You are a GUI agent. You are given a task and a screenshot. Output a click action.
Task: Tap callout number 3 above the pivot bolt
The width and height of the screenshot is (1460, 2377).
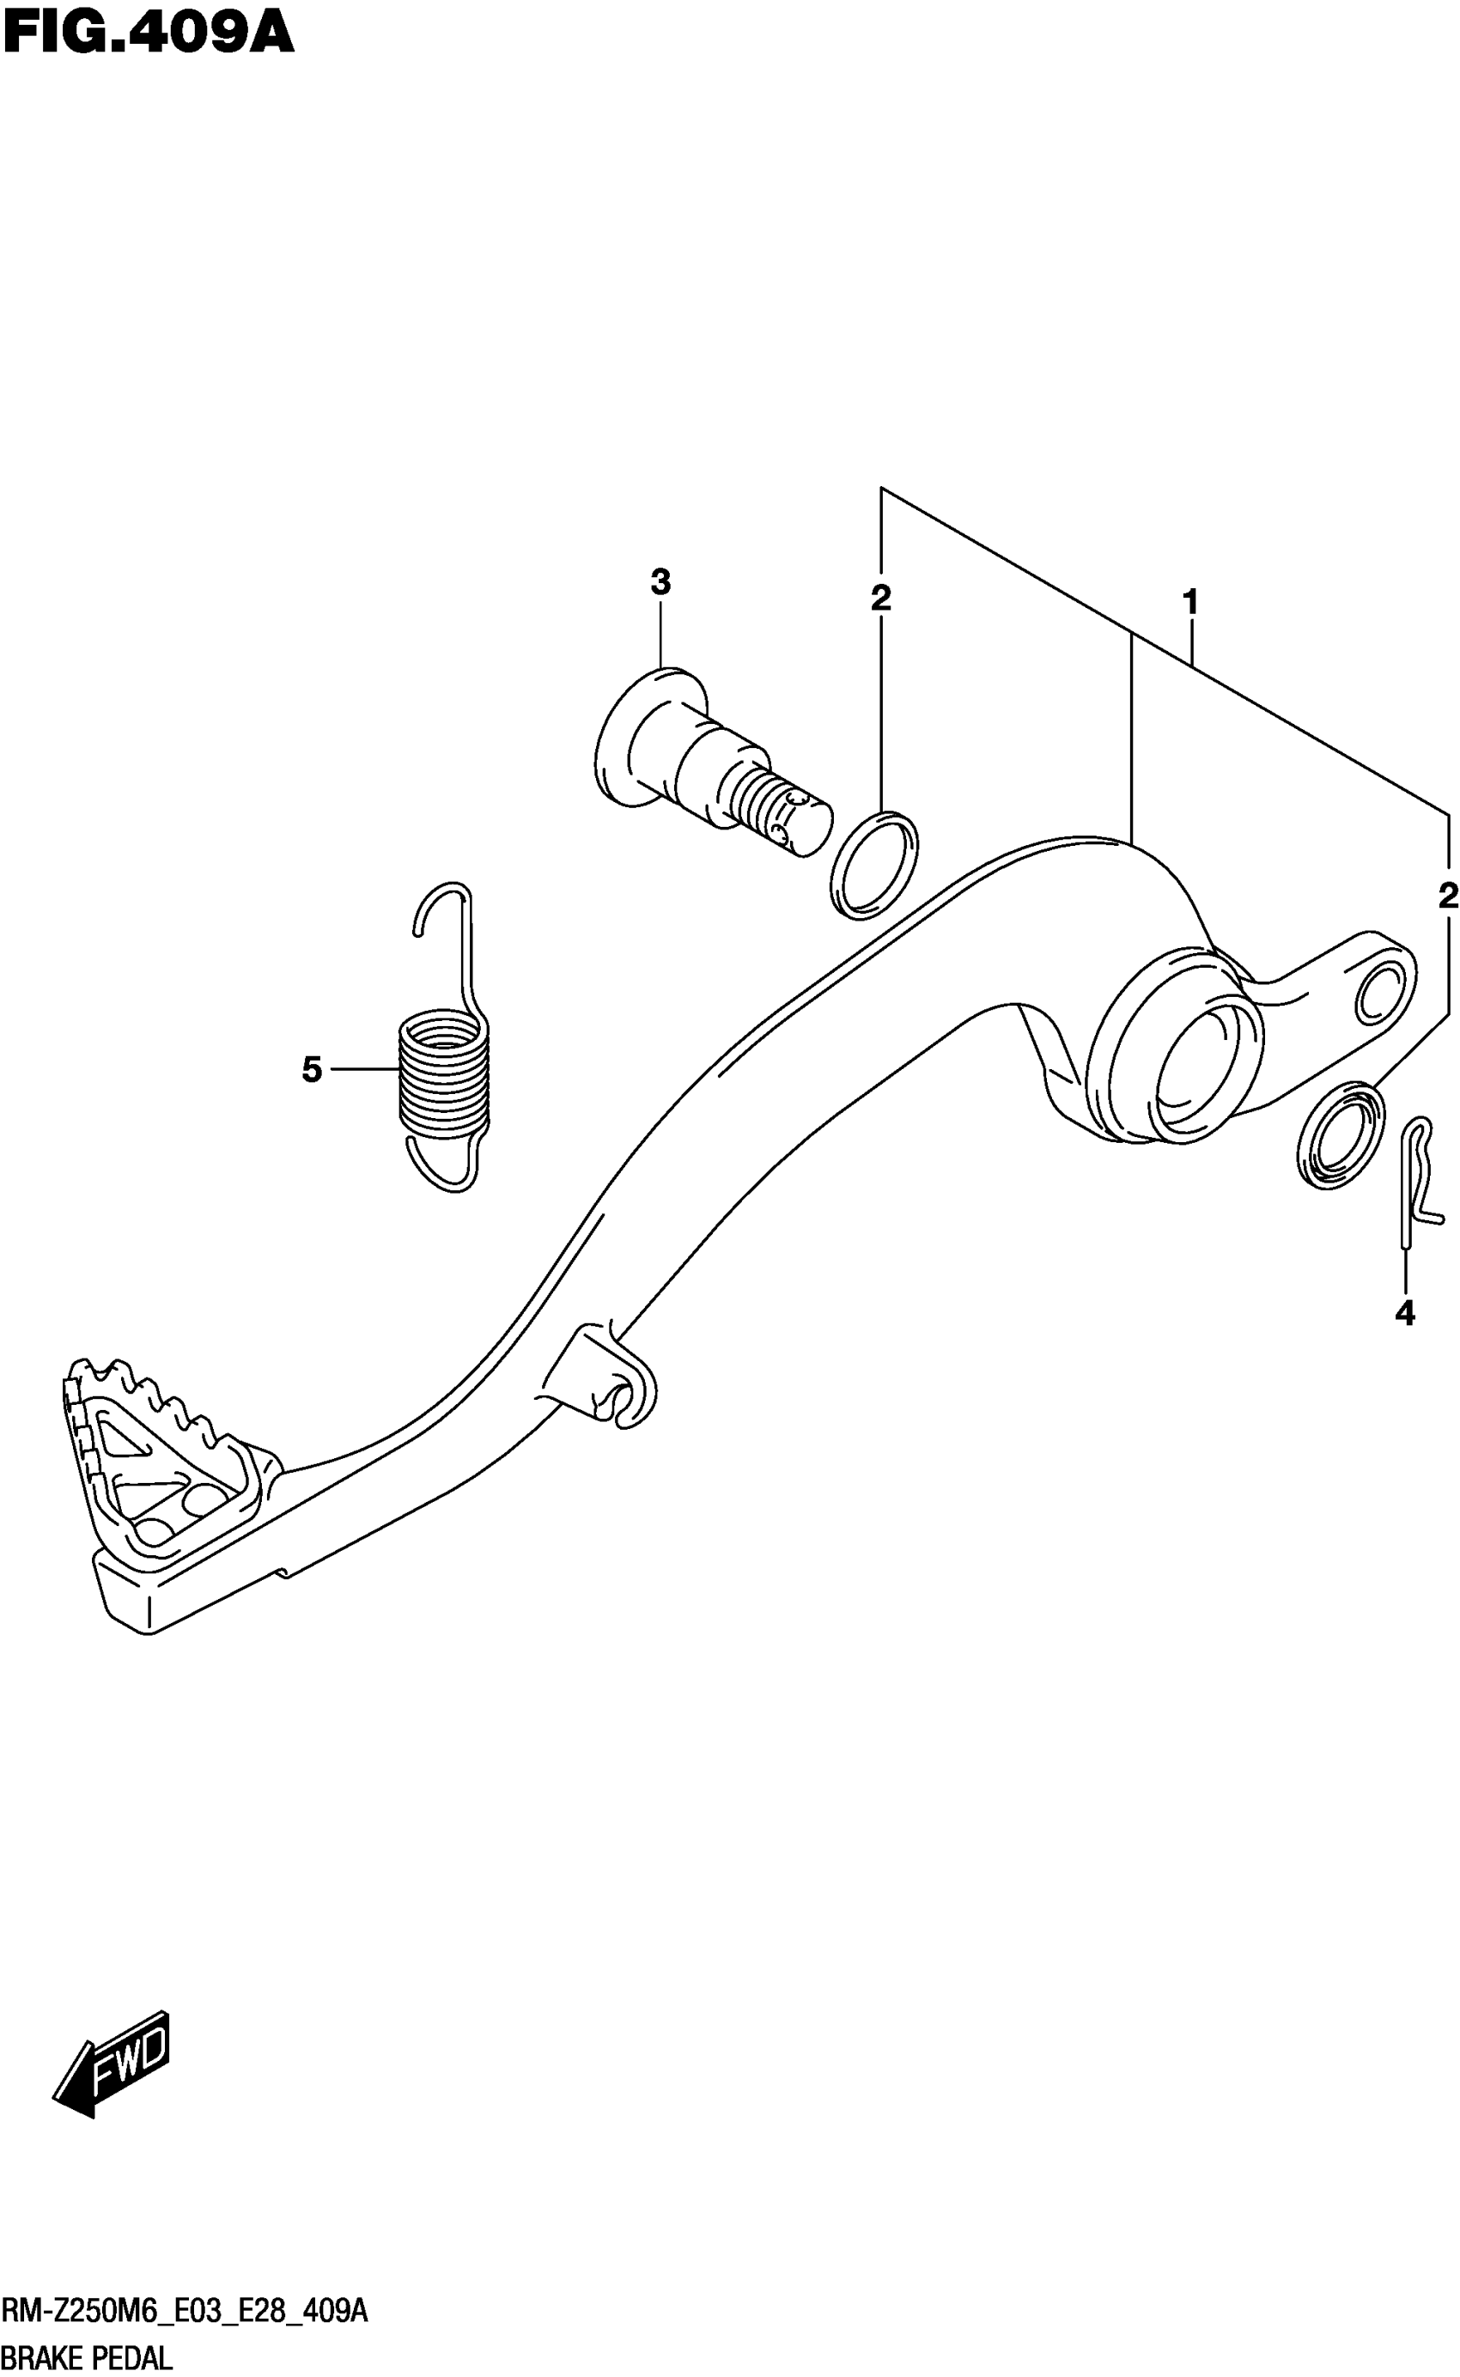tap(660, 583)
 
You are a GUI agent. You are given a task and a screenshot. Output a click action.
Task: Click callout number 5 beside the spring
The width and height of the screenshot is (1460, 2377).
tap(311, 1070)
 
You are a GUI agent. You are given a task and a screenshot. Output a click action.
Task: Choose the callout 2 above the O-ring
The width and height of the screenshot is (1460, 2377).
tap(879, 599)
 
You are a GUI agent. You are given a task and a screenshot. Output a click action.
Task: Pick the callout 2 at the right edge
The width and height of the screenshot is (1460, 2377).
tap(1446, 896)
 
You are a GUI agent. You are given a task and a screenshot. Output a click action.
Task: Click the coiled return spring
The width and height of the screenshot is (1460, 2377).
tap(443, 1070)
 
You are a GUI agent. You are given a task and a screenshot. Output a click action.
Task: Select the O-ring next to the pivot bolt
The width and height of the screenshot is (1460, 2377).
tap(874, 865)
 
